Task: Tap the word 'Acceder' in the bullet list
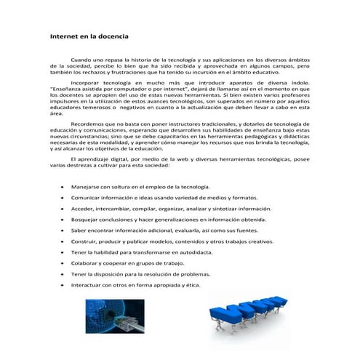[x=81, y=209]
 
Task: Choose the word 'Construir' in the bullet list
[x=84, y=241]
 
